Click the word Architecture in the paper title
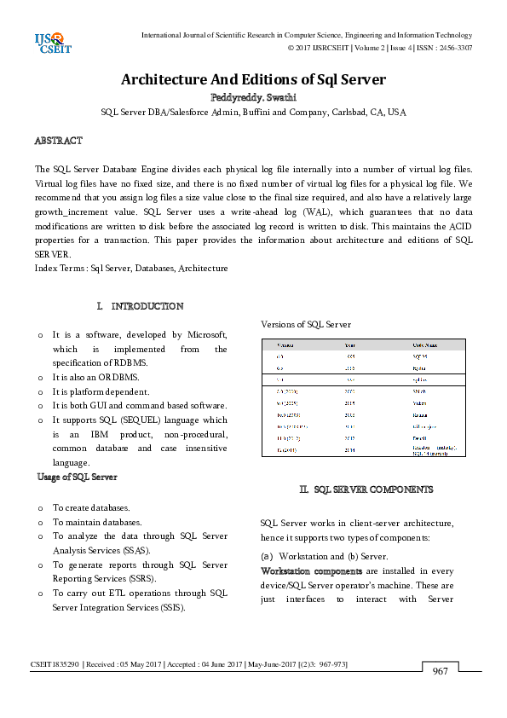point(164,80)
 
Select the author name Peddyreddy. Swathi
point(253,98)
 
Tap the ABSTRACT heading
point(58,140)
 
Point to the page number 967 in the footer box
point(440,672)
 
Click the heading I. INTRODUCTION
point(141,305)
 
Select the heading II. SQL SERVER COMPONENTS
point(366,489)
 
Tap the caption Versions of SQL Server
point(305,324)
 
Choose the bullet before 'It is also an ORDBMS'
point(41,377)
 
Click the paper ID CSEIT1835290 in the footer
point(53,663)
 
